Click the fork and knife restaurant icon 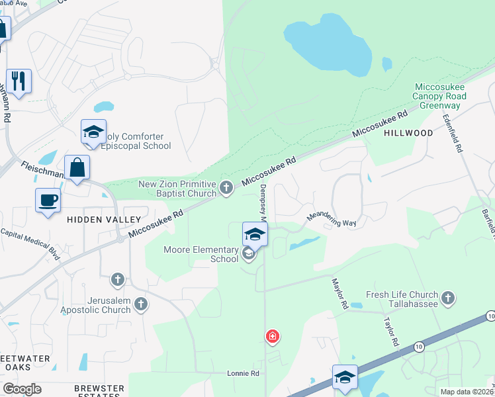[19, 81]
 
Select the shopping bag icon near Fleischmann [77, 167]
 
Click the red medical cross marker [272, 337]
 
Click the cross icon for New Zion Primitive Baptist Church [226, 189]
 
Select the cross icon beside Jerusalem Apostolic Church [140, 304]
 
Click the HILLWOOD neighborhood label [408, 133]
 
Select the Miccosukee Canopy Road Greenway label [439, 96]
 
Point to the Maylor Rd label [340, 293]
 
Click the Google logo [22, 389]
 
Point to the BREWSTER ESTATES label [99, 392]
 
